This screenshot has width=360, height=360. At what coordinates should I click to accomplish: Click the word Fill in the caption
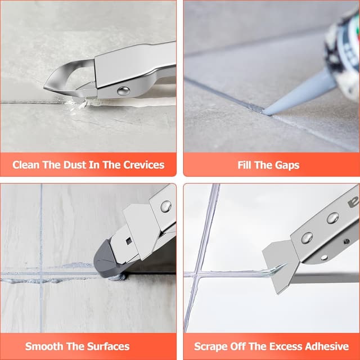(x=246, y=165)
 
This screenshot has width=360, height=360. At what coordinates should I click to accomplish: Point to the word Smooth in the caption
(x=47, y=346)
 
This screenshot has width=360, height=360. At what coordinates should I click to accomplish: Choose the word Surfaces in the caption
(x=109, y=346)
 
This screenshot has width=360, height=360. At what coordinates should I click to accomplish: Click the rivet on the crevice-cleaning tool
(x=123, y=91)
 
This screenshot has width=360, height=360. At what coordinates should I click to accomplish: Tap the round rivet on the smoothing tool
(x=165, y=206)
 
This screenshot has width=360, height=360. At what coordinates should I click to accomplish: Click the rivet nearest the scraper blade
(x=307, y=237)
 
